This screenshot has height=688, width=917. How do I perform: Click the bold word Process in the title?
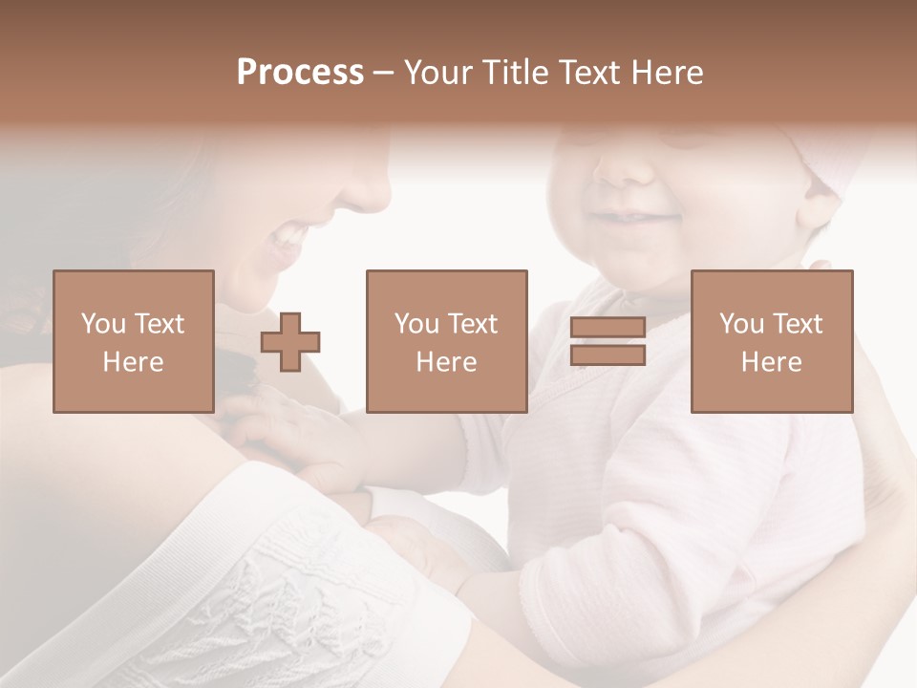(300, 73)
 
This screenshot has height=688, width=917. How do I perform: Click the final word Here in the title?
(667, 73)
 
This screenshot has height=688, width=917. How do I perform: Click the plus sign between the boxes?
(290, 342)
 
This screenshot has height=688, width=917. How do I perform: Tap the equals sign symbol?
(608, 341)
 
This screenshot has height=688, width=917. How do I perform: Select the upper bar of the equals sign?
(608, 328)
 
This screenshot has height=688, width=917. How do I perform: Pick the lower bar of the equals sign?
(608, 355)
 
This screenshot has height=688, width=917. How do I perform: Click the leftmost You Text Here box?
(134, 341)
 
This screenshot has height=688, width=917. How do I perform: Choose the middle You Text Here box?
(446, 341)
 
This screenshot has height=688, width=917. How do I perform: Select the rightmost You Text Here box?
(771, 341)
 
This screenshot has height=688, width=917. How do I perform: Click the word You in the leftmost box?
(102, 324)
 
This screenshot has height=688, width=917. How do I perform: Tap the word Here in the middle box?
(446, 362)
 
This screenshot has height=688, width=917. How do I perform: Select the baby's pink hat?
(831, 162)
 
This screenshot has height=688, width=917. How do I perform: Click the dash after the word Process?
(384, 73)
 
